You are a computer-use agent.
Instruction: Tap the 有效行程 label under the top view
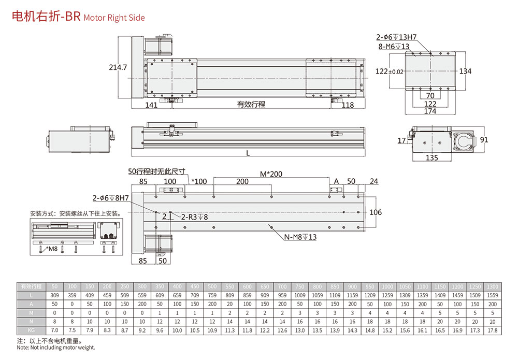pos(251,105)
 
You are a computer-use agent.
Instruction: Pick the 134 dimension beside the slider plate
pos(465,71)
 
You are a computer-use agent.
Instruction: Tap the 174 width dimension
pos(430,111)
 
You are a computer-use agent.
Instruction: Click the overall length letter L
pos(248,153)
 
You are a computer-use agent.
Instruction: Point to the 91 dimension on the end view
pos(484,140)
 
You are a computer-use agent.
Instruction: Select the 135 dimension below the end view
pos(431,157)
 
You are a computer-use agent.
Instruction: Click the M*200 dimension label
pos(271,174)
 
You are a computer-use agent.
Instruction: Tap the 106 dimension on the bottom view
pos(376,212)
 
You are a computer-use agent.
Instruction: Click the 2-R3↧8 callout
pos(194,217)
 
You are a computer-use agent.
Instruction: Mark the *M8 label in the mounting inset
pos(51,250)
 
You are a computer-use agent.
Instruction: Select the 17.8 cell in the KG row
pos(492,329)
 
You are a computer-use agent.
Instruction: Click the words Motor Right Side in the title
pos(114,18)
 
